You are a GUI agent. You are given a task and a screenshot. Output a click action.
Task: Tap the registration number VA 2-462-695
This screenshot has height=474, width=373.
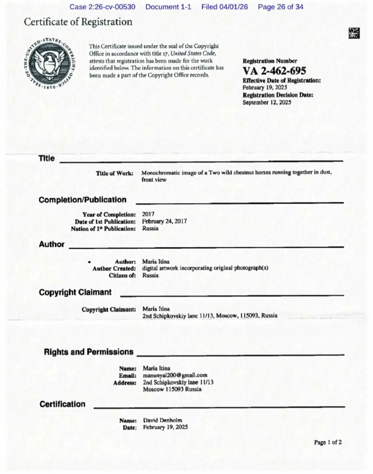pyautogui.click(x=274, y=71)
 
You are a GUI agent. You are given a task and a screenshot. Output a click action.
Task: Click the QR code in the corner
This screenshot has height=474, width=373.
pyautogui.click(x=354, y=33)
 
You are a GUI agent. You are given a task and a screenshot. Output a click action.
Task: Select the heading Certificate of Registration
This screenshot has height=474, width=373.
pyautogui.click(x=78, y=22)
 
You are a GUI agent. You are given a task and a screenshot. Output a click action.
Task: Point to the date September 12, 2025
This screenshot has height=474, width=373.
pyautogui.click(x=267, y=102)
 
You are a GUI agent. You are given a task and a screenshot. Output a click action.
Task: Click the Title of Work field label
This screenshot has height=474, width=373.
pyautogui.click(x=114, y=173)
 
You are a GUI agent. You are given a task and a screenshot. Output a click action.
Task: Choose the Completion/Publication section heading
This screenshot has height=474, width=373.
pyautogui.click(x=83, y=200)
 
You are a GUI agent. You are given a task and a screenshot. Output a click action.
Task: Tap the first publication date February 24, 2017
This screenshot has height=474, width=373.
pyautogui.click(x=164, y=221)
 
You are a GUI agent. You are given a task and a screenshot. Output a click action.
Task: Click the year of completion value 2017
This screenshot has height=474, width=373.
pyautogui.click(x=148, y=214)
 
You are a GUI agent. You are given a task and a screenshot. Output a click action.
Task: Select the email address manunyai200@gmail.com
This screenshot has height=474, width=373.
pyautogui.click(x=175, y=375)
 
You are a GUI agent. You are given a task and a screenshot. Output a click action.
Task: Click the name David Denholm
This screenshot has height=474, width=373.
pyautogui.click(x=163, y=420)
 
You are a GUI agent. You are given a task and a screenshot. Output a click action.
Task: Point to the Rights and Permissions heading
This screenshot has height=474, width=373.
pyautogui.click(x=88, y=352)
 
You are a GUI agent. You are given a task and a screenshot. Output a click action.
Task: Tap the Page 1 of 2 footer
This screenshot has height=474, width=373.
pyautogui.click(x=328, y=442)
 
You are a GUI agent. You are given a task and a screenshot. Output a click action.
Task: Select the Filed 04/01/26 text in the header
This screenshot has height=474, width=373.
pyautogui.click(x=224, y=7)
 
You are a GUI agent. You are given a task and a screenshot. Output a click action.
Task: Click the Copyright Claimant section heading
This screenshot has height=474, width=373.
pyautogui.click(x=75, y=292)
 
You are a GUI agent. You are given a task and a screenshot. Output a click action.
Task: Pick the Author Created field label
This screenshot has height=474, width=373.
pyautogui.click(x=114, y=268)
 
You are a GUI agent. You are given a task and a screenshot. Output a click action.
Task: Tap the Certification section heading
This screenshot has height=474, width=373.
pyautogui.click(x=62, y=404)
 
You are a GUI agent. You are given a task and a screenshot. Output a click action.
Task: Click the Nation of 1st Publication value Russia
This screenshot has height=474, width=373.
pyautogui.click(x=150, y=228)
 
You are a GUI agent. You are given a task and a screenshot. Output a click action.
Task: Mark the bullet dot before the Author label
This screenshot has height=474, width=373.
pyautogui.click(x=89, y=262)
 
